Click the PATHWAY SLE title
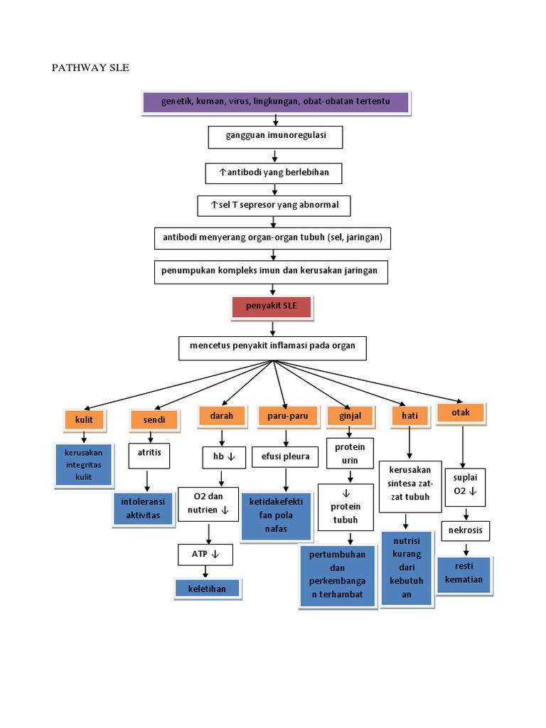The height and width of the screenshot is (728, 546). click(x=90, y=68)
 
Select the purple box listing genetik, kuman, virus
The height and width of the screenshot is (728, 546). click(x=276, y=102)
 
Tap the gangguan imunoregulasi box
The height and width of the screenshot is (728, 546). click(x=276, y=136)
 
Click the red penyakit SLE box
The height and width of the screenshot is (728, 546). click(x=271, y=307)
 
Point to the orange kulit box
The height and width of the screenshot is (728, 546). click(x=84, y=419)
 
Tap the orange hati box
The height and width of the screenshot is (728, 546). click(x=409, y=417)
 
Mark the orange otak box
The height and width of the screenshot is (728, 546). click(x=461, y=412)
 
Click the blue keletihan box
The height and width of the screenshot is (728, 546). click(x=207, y=589)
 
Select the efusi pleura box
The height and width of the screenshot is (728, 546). click(x=285, y=456)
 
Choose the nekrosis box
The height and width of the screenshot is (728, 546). click(x=466, y=530)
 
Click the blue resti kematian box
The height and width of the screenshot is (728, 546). click(x=464, y=574)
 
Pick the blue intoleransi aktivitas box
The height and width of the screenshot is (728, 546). click(x=142, y=509)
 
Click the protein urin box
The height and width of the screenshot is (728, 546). click(x=349, y=454)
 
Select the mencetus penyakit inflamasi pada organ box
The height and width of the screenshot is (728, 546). click(x=272, y=348)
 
